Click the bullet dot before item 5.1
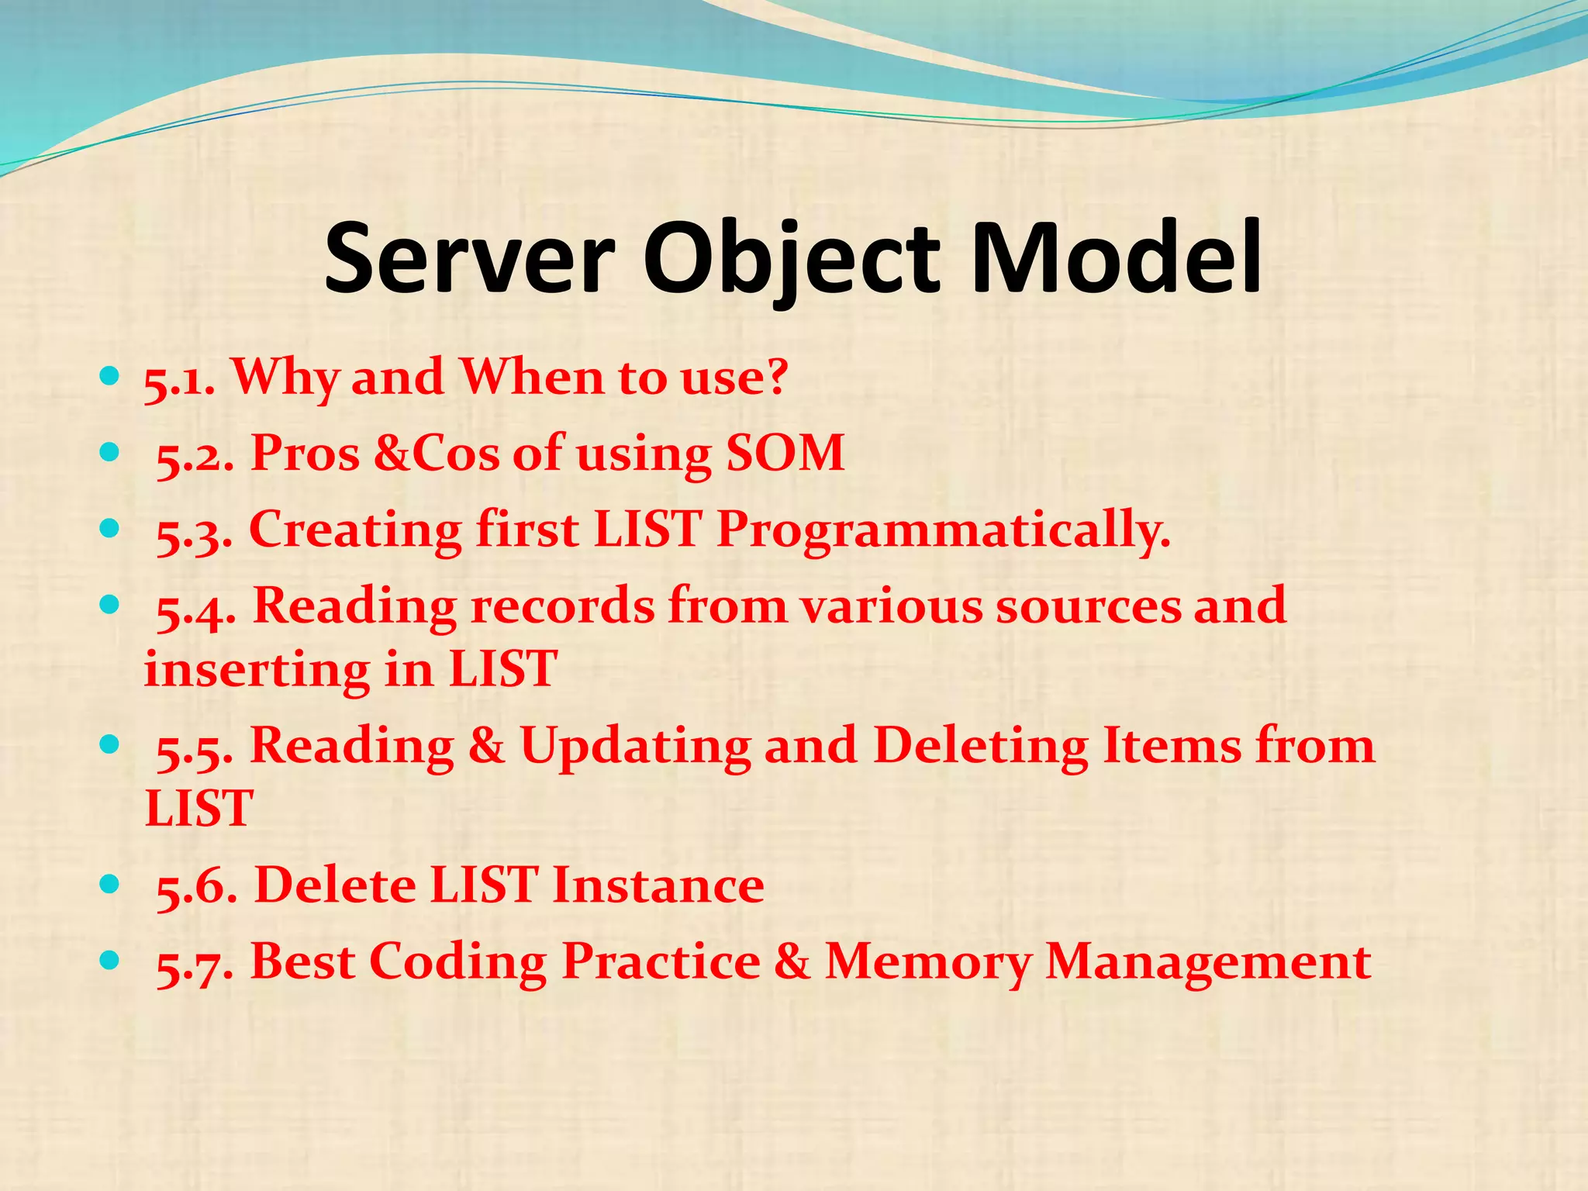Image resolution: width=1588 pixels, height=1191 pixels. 109,378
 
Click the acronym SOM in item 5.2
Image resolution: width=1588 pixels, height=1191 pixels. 785,453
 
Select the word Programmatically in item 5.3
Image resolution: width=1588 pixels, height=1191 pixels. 943,531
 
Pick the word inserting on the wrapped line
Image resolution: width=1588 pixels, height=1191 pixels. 256,668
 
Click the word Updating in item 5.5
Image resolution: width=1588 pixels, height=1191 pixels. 635,746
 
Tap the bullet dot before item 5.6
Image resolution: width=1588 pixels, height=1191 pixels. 109,883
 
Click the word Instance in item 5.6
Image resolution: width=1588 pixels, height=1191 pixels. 658,885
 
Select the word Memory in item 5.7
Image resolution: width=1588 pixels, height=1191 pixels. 927,962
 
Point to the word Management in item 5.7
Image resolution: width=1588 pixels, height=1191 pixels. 1208,962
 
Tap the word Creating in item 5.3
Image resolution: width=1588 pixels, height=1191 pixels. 355,531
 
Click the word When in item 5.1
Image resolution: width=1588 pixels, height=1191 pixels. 532,378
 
